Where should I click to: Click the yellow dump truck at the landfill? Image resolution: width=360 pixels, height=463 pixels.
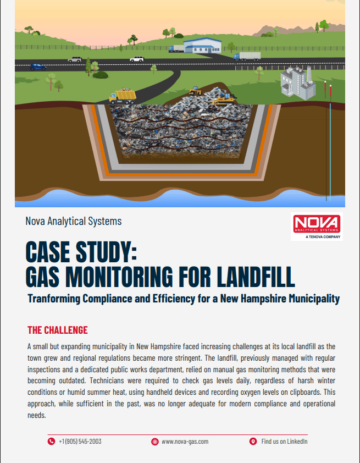point(123,96)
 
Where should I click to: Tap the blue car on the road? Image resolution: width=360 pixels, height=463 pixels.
point(38,67)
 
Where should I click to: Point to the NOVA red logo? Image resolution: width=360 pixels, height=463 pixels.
point(316,224)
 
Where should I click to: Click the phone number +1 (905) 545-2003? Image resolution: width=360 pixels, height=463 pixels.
point(80,441)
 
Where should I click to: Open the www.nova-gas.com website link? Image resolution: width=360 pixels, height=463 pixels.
point(185,441)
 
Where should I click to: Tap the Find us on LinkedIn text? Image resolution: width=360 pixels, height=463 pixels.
point(284,441)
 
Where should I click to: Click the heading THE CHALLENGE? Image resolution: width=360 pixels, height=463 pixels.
point(58,330)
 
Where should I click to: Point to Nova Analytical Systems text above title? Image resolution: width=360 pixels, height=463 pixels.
point(74,221)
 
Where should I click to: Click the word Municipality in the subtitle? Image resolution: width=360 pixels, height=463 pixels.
point(309,299)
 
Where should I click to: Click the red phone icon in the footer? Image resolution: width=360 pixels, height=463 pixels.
point(52,441)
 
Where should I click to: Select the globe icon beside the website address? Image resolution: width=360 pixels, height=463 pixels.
point(154,441)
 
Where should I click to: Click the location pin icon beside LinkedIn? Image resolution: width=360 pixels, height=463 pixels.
point(253,441)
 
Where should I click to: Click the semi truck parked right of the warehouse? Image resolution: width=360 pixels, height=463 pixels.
point(247,56)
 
